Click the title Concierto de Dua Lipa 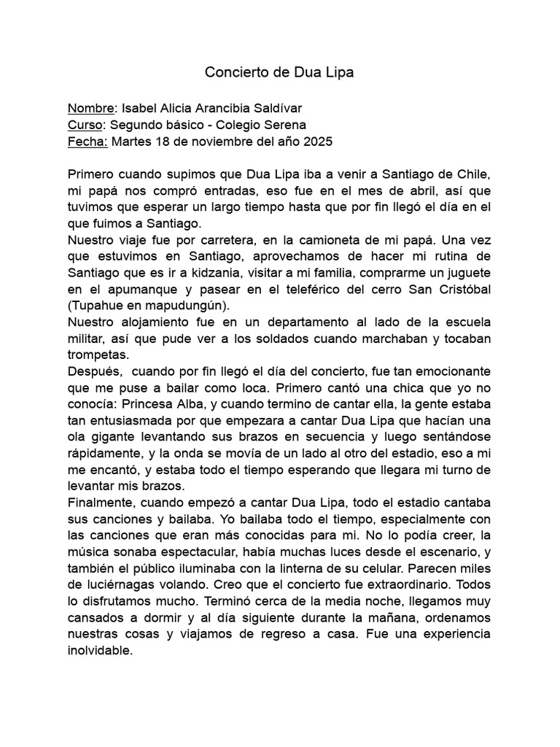click(x=279, y=72)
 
